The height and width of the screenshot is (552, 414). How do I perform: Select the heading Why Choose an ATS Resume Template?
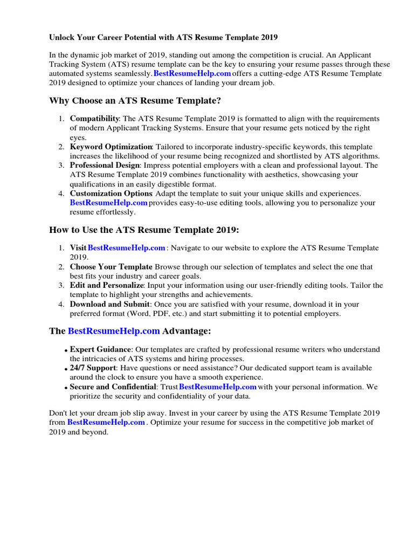click(x=135, y=101)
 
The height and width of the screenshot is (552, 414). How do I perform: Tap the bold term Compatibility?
click(x=94, y=119)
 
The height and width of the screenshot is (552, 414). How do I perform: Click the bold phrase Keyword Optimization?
click(x=111, y=147)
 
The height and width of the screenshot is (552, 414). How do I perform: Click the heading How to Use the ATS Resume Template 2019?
click(x=143, y=230)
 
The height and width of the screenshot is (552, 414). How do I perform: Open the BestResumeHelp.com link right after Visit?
click(x=126, y=248)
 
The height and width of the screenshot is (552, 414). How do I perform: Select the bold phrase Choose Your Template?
click(x=111, y=267)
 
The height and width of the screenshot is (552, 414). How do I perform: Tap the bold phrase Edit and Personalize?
click(x=106, y=285)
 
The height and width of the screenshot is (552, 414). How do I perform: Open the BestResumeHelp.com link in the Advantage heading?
click(x=114, y=330)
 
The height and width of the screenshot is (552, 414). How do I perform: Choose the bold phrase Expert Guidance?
click(x=100, y=349)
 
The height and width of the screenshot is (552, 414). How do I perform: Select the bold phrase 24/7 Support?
click(x=93, y=368)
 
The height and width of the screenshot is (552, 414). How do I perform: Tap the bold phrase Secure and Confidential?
click(x=113, y=387)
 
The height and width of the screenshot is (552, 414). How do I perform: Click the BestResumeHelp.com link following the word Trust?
click(x=217, y=387)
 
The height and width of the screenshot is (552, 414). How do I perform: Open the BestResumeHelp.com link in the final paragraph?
click(x=106, y=423)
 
